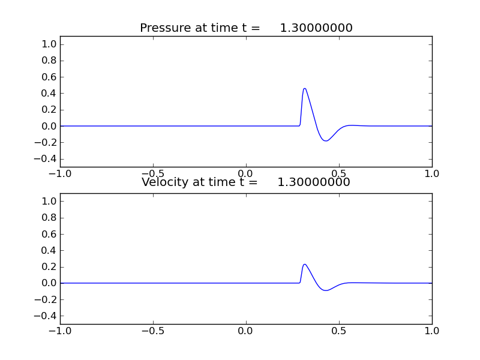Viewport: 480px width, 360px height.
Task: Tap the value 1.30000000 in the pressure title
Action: point(316,28)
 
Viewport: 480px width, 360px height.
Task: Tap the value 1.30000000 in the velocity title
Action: point(314,182)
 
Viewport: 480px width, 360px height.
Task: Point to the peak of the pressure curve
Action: point(305,89)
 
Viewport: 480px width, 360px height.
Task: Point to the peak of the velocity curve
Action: point(305,264)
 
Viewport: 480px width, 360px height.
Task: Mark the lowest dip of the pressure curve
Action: point(325,141)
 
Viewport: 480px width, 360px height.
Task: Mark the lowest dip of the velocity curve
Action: point(326,290)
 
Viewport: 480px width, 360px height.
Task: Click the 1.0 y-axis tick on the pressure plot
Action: point(50,44)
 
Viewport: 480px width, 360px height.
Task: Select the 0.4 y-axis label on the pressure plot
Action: point(50,93)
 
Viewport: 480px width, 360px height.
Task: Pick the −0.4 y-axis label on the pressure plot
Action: point(47,159)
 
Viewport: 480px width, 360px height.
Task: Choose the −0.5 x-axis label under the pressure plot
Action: point(153,173)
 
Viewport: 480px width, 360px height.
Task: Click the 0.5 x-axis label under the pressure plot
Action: point(339,173)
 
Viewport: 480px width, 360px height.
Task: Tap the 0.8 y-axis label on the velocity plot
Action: point(50,217)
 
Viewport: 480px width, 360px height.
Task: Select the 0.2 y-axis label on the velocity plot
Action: point(50,266)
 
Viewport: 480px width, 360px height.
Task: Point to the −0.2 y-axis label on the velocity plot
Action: point(47,299)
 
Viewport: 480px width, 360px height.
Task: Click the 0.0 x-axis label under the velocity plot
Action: point(246,331)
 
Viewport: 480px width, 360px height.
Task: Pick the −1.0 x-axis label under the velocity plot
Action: point(60,331)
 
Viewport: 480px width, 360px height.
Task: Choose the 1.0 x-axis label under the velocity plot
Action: point(432,331)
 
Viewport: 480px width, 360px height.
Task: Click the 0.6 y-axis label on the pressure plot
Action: point(50,77)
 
